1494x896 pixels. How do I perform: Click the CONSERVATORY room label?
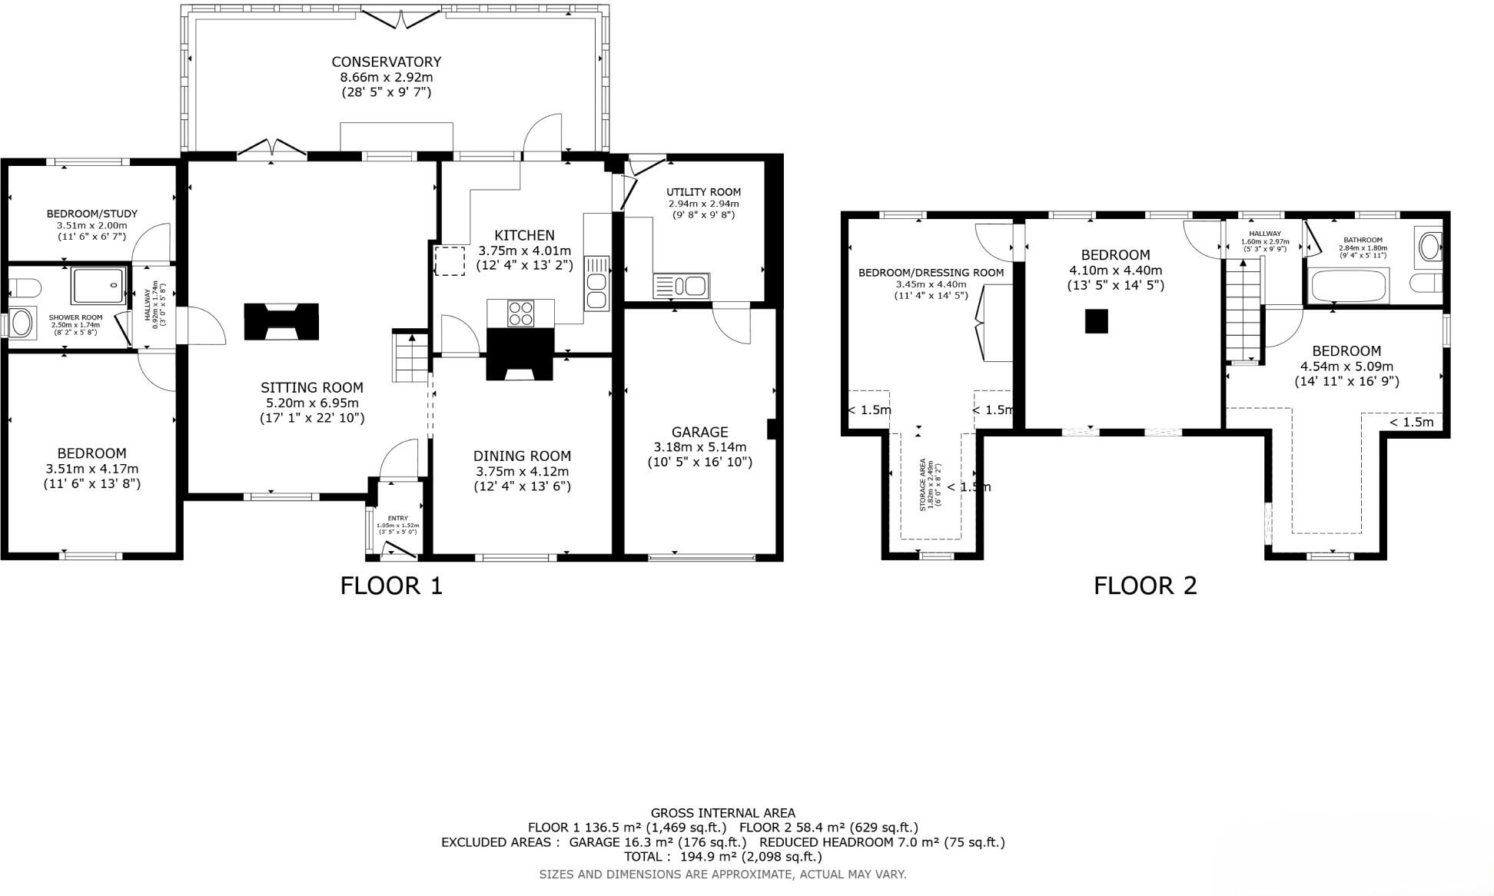pos(386,61)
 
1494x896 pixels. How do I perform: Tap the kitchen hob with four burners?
pos(520,314)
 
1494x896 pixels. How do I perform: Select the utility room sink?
pos(681,287)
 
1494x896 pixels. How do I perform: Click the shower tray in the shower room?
pos(98,286)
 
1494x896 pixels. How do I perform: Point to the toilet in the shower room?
pos(25,288)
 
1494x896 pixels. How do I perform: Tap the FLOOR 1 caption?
pos(391,586)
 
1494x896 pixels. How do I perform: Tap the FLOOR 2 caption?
pos(1144,586)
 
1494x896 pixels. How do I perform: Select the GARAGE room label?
pos(699,432)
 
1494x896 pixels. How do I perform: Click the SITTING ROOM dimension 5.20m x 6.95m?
pos(312,403)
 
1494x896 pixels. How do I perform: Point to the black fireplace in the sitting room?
pos(281,321)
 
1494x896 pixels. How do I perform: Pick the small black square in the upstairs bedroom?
pos(1096,320)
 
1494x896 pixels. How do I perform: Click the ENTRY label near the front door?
pos(398,518)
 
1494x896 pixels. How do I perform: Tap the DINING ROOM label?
pos(522,456)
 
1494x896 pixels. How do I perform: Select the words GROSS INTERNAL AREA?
pos(722,812)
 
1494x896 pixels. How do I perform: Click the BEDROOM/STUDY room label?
pos(91,214)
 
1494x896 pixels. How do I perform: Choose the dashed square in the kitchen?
pos(450,261)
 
